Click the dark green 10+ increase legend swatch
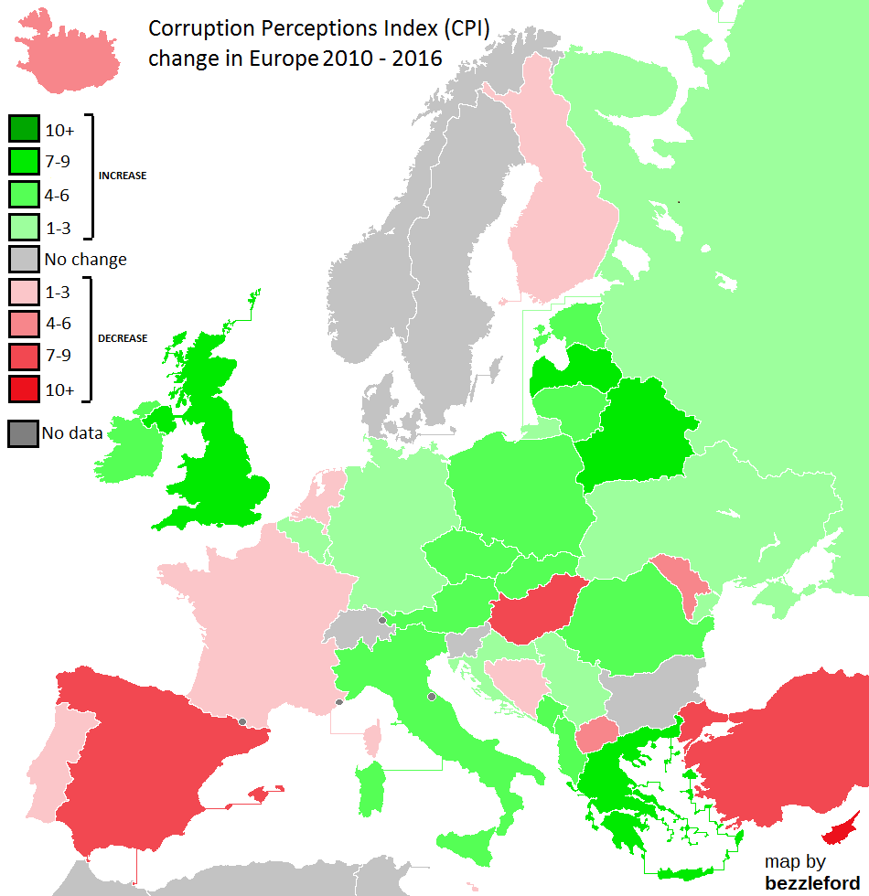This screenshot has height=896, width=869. pyautogui.click(x=23, y=129)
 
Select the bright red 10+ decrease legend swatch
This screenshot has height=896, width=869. pyautogui.click(x=23, y=389)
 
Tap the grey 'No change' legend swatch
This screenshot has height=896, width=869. pyautogui.click(x=23, y=259)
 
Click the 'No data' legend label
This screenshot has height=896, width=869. pyautogui.click(x=72, y=432)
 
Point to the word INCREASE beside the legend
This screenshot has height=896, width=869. pyautogui.click(x=123, y=176)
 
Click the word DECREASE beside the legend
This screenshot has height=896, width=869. pyautogui.click(x=123, y=338)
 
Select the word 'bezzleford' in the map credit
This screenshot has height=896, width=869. pyautogui.click(x=811, y=881)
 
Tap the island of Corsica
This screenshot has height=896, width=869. pyautogui.click(x=372, y=737)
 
